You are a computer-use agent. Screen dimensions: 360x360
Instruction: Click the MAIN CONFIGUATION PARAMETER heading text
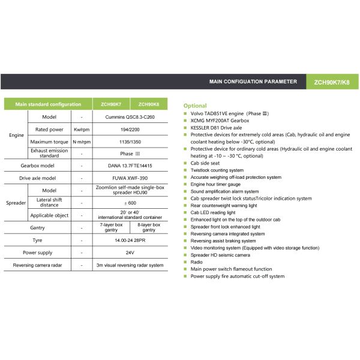point(253,81)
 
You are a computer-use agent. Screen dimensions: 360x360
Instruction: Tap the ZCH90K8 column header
point(148,104)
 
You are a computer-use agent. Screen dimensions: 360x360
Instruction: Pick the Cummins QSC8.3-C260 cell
point(129,116)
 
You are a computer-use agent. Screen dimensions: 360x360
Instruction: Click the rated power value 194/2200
point(129,129)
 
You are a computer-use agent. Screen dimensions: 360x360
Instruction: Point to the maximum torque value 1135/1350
point(129,142)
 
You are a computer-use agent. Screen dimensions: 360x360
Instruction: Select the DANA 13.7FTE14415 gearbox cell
point(129,166)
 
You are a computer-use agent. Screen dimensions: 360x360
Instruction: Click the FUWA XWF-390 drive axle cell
point(129,178)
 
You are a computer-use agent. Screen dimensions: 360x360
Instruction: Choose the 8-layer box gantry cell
point(148,227)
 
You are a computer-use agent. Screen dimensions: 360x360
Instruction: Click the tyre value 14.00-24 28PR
point(129,240)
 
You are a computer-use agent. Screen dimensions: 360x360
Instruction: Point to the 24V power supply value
point(129,253)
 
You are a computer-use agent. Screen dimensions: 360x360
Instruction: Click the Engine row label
point(17,135)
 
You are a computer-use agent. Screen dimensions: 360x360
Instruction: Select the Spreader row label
point(16,203)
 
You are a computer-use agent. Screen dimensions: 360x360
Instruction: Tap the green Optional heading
point(195,106)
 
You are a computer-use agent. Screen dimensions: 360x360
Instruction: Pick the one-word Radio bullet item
point(196,262)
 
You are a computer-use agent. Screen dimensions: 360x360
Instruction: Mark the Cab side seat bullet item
point(205,163)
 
